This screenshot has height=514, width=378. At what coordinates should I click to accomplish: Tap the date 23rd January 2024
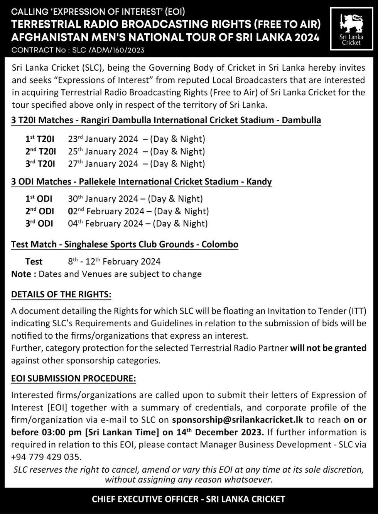pos(103,139)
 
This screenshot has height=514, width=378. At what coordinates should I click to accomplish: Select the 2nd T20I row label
pos(40,151)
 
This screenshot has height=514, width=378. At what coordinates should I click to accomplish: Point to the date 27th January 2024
pos(103,164)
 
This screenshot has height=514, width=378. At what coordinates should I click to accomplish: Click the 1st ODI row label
pos(39,199)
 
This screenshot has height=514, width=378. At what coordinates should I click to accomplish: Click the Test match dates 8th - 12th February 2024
pos(114,261)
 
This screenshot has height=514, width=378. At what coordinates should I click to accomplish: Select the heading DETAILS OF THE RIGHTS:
pos(61,294)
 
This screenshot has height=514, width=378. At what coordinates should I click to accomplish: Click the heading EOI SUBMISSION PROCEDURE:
pos(73,379)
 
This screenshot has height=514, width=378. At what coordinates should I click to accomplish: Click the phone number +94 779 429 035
pos(46,457)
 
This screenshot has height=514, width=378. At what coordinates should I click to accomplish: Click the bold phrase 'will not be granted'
pos(328,348)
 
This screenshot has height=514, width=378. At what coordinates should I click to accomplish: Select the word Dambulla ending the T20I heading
pos(301,120)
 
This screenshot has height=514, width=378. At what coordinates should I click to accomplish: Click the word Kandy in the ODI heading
pos(259,182)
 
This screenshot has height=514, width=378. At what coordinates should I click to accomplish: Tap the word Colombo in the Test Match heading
pos(220,244)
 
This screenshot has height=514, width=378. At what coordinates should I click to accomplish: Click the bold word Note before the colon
pos(21,274)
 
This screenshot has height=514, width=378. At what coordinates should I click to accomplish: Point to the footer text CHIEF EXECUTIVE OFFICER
pos(145,499)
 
